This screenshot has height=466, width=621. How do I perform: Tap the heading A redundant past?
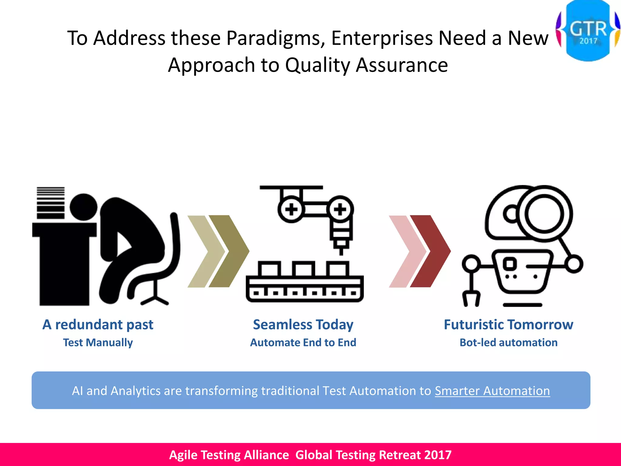(98, 324)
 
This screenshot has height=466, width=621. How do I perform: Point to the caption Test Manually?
(98, 343)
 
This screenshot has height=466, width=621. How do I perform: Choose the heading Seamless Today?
(303, 324)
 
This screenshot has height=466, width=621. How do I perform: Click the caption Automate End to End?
(303, 343)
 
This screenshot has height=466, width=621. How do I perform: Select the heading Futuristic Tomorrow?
(508, 324)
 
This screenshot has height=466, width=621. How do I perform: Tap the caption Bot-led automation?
(508, 343)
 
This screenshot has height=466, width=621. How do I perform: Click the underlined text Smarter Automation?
(492, 391)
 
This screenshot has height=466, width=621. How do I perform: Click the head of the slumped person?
(83, 207)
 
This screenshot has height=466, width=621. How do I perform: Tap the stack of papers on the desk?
(51, 203)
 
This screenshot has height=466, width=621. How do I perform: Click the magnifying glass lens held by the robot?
(544, 214)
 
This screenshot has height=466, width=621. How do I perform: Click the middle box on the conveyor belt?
(303, 269)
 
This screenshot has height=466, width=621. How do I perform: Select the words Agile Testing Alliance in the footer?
(229, 455)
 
